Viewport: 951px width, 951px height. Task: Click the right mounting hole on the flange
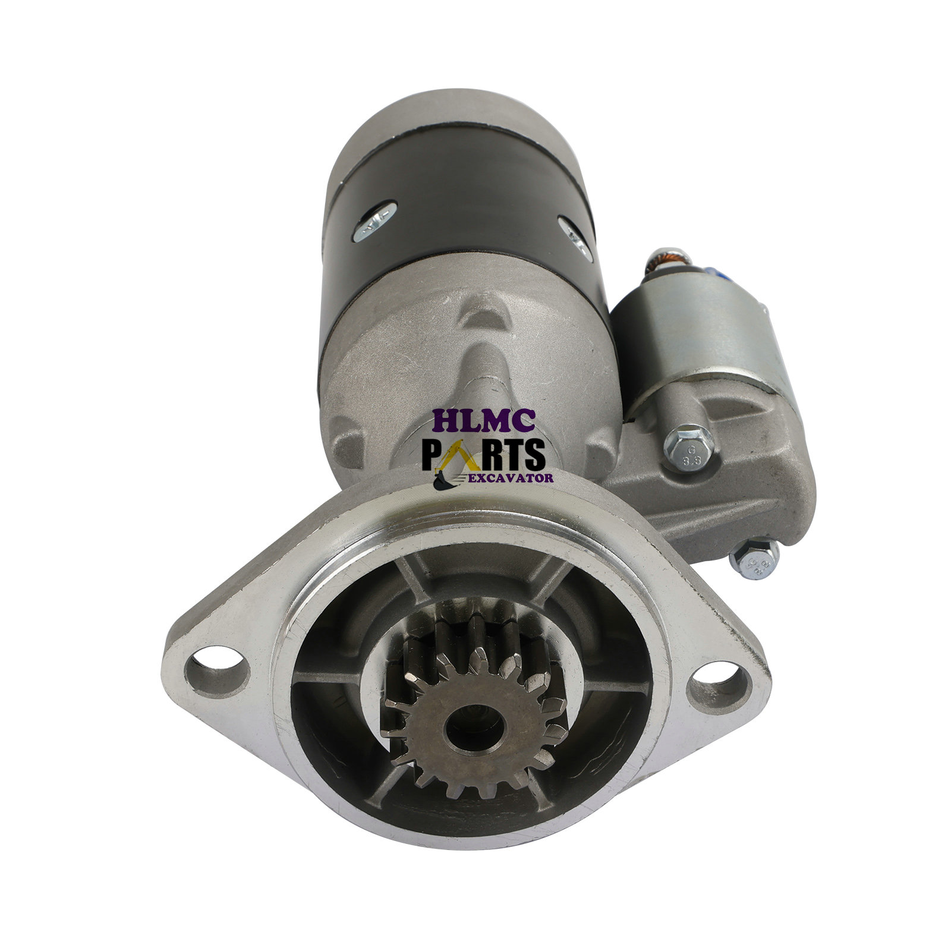click(x=717, y=689)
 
